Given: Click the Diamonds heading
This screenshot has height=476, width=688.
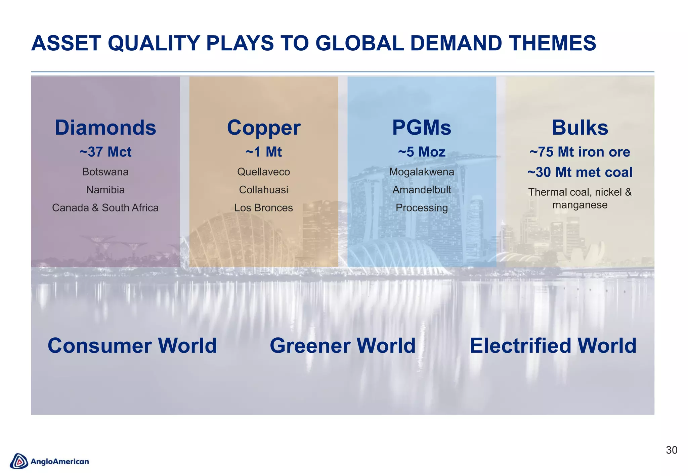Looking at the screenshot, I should pos(105,128).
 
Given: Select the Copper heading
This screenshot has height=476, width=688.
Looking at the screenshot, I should pos(263,128).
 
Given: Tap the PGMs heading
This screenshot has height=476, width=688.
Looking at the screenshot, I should pos(422,128).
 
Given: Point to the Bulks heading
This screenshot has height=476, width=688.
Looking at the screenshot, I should pos(580,128).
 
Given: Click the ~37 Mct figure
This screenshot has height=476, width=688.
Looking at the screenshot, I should pos(105,152).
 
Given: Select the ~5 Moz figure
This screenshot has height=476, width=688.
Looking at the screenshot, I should pos(422,152).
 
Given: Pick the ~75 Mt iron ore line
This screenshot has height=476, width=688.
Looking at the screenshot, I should pos(580,152).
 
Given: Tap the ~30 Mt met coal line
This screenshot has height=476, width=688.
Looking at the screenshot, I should pos(580,172).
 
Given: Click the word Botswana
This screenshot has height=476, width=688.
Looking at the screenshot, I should pos(105,172).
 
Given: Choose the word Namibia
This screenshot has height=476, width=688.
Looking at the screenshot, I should pos(105,190).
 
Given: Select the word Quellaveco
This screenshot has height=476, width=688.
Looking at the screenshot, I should pos(263,172).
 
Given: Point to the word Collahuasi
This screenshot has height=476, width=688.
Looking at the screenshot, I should pos(263,190).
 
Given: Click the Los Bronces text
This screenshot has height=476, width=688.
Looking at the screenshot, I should pos(263,208).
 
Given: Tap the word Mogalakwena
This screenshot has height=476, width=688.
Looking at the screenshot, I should pos(422,172).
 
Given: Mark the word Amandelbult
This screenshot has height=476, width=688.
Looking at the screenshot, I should pos(422,190).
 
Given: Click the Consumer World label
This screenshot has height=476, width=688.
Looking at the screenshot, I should pos(132,346).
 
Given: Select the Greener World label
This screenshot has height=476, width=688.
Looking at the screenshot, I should pos(343,346).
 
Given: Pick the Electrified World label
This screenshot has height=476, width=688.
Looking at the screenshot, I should pos(553,346).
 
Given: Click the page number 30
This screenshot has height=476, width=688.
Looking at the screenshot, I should pos(672,450).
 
